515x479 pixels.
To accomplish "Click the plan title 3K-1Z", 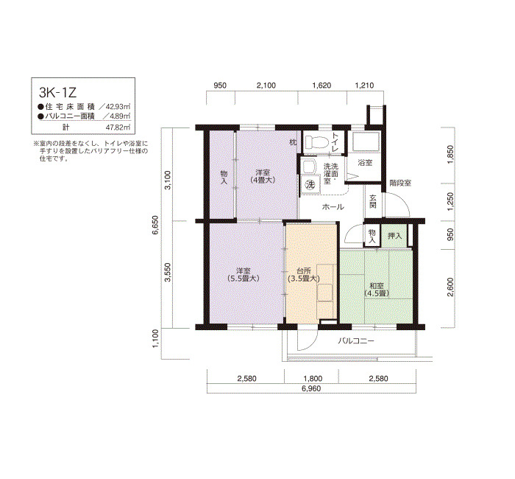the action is (x=58, y=92).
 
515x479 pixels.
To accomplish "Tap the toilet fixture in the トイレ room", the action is (x=316, y=142).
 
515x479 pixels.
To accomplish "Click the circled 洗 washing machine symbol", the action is (x=310, y=184).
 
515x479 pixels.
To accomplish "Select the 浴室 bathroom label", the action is (x=365, y=163).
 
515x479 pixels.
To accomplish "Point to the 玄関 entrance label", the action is (x=373, y=201).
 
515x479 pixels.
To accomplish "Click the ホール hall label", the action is (x=333, y=207).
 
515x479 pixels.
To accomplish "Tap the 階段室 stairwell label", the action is (x=400, y=183).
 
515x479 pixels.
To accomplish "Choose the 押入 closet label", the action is (x=394, y=236).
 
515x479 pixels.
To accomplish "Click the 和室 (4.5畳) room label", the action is (x=377, y=289).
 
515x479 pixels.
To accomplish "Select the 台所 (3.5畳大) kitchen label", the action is (x=303, y=275).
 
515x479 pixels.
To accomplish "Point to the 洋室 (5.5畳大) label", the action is (x=244, y=275).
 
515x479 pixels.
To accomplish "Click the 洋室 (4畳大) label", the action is (x=263, y=176).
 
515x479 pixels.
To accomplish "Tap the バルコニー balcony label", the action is (x=356, y=340).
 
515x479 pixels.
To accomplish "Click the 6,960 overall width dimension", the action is (x=311, y=388).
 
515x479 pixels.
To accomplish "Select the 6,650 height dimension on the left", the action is (x=155, y=225).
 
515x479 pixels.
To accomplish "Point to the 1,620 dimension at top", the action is (x=322, y=85).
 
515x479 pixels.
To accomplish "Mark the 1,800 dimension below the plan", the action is (x=313, y=378).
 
